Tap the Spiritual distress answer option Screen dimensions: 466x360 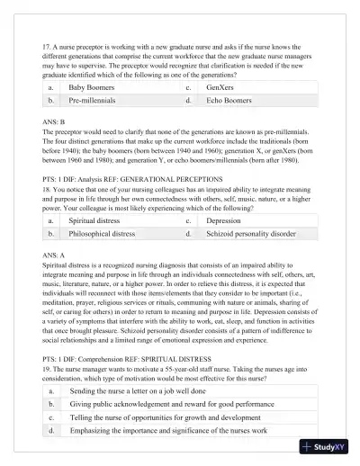tap(95, 220)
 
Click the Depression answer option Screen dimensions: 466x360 tap(223, 220)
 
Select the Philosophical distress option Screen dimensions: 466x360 tap(102, 234)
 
